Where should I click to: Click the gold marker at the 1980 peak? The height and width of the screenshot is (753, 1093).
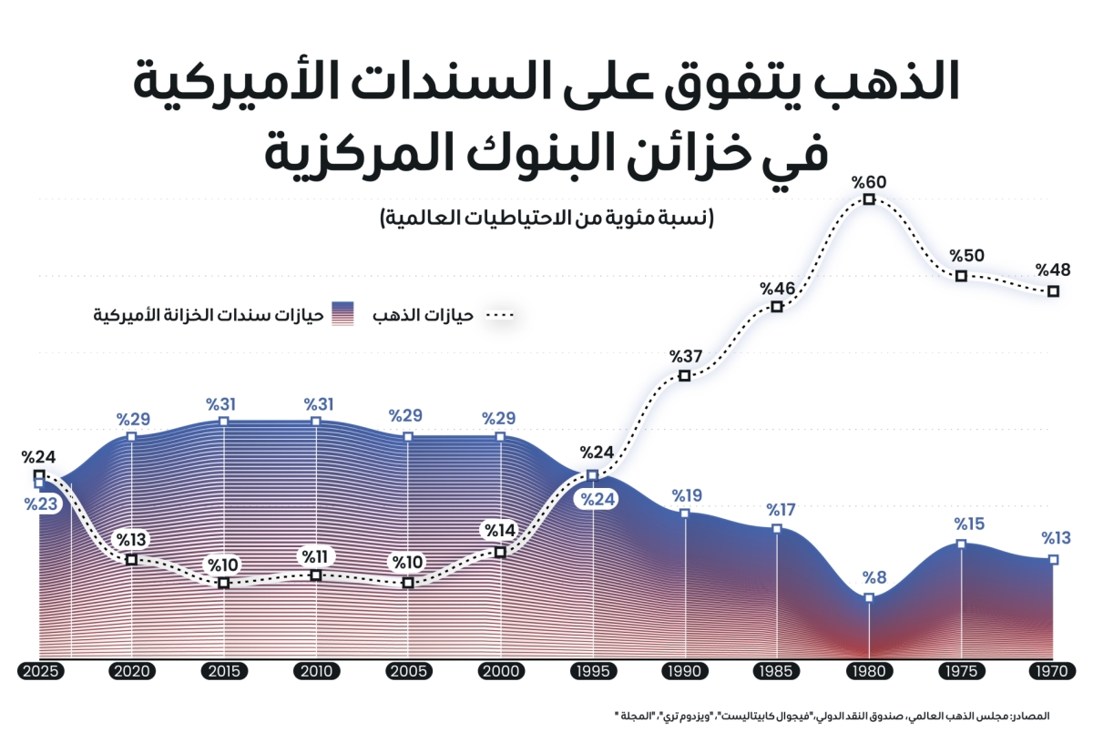click(869, 198)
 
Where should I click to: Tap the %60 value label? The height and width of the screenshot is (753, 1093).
click(869, 180)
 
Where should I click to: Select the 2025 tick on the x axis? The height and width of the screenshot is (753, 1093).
click(39, 672)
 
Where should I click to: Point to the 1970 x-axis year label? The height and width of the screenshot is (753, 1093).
click(1053, 672)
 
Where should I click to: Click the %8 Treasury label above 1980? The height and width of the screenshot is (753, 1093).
click(869, 577)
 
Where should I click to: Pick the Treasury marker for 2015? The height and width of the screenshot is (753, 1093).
click(224, 422)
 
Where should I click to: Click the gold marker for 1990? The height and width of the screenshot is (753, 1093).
click(685, 375)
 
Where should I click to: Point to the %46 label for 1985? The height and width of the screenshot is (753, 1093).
click(778, 288)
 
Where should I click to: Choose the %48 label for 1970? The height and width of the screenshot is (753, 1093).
click(1053, 270)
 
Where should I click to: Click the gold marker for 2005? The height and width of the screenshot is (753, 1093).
click(408, 583)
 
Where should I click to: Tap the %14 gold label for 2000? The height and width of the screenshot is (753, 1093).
click(500, 531)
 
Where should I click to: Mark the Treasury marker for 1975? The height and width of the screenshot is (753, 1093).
click(961, 544)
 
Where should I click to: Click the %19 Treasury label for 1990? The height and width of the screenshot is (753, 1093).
click(687, 495)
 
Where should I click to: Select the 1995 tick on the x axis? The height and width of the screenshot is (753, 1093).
click(593, 672)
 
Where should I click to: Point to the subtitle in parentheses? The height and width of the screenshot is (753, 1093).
click(546, 219)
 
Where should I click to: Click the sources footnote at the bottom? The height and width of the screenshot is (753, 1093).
click(833, 717)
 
